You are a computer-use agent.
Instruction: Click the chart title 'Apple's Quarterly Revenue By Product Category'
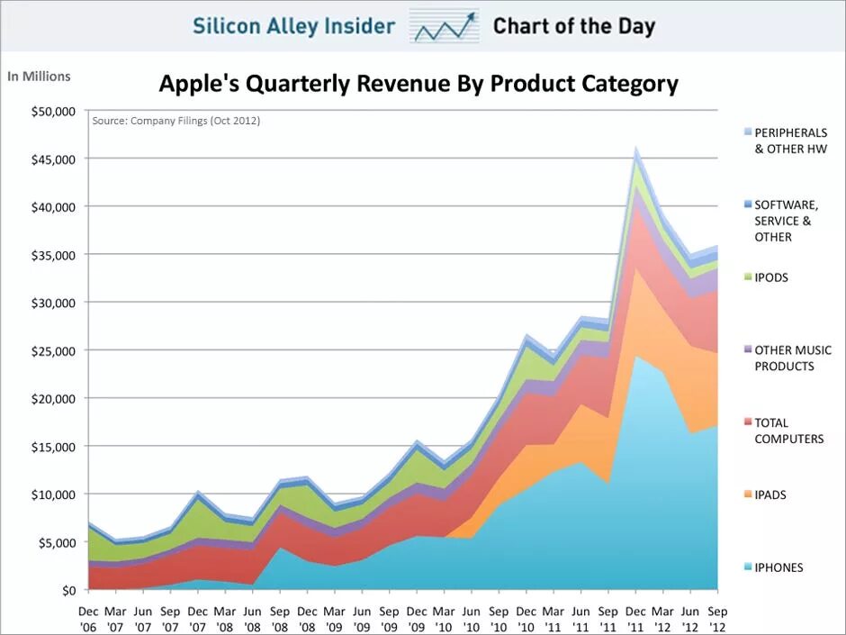tap(418, 85)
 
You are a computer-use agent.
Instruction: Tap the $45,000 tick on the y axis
tap(52, 159)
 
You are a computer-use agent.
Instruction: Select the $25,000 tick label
tap(52, 350)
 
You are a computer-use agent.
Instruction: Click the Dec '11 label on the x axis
tap(636, 618)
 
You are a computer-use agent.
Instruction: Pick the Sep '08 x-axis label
tap(281, 618)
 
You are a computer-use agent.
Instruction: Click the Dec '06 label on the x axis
tap(88, 618)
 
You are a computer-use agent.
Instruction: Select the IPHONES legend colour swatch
tap(745, 567)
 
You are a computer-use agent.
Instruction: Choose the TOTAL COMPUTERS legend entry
tap(788, 431)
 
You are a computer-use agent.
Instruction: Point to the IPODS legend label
tap(771, 277)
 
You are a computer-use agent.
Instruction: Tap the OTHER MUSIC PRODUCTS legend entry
tap(792, 358)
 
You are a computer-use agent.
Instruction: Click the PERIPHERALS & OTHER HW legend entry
tap(790, 141)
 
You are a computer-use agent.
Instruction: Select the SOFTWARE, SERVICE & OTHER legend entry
tap(786, 221)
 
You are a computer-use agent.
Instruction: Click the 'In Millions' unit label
tap(39, 77)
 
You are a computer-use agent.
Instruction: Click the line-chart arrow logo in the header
tap(444, 26)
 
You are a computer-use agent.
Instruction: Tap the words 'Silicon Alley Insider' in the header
tap(294, 26)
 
